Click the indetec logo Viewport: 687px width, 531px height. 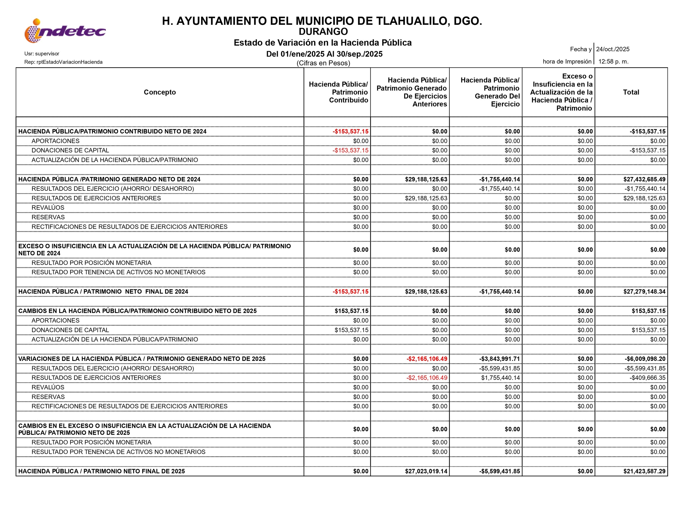(x=65, y=31)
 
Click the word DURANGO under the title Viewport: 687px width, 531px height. (x=323, y=32)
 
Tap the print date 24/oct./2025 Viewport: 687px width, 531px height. (x=613, y=49)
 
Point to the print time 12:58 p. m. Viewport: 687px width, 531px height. (x=613, y=62)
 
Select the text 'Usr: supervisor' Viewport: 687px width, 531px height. (x=42, y=54)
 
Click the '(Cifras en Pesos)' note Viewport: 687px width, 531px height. (x=323, y=63)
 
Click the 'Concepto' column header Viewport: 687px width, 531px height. (x=160, y=92)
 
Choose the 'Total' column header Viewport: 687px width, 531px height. (x=631, y=92)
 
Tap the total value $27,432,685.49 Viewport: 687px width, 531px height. (x=644, y=179)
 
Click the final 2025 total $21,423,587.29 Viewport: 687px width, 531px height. (x=644, y=471)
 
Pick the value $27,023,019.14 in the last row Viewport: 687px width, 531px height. (x=426, y=471)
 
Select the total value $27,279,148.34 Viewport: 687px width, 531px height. (x=644, y=292)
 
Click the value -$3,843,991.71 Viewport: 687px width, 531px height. (x=499, y=359)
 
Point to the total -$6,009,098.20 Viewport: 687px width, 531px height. (x=645, y=359)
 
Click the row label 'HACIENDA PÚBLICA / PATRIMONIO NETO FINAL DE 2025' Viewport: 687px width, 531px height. (x=102, y=471)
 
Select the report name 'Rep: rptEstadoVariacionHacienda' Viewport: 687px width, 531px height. (x=63, y=62)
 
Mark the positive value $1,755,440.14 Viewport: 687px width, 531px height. (x=500, y=378)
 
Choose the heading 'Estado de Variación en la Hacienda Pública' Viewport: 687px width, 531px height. (x=322, y=43)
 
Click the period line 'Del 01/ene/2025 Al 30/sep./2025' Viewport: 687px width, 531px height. (x=324, y=54)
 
